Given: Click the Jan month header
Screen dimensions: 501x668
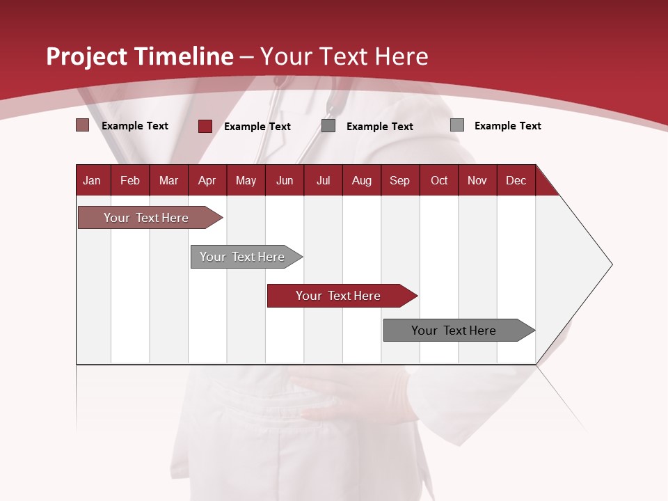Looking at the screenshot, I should (x=92, y=180).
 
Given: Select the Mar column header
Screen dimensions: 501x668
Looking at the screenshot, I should (x=168, y=180).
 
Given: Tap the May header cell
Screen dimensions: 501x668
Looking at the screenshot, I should (x=246, y=180).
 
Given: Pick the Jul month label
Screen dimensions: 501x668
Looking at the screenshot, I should (x=323, y=180).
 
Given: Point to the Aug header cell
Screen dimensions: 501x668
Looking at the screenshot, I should (x=361, y=180).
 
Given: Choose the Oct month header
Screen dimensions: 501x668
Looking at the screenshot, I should (x=439, y=180).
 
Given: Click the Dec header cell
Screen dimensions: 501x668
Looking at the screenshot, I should (x=516, y=180).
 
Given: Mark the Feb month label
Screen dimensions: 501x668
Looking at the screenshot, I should (x=130, y=180).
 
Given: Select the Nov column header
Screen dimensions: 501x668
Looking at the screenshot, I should (x=477, y=180).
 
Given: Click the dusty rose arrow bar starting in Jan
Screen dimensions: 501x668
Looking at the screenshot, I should (x=146, y=218).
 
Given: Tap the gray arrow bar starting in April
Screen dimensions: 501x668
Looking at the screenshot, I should (x=242, y=257).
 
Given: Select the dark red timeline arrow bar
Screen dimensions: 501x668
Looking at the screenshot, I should (x=338, y=296).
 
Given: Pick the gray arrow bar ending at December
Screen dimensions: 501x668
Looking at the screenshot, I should (x=454, y=331).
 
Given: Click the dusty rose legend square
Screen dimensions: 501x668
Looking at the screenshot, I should (x=82, y=125).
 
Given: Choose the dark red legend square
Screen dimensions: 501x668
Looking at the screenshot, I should (x=205, y=126).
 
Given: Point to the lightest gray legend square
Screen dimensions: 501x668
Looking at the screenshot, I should (x=456, y=125).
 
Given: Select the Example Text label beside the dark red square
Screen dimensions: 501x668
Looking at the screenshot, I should (x=257, y=127).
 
